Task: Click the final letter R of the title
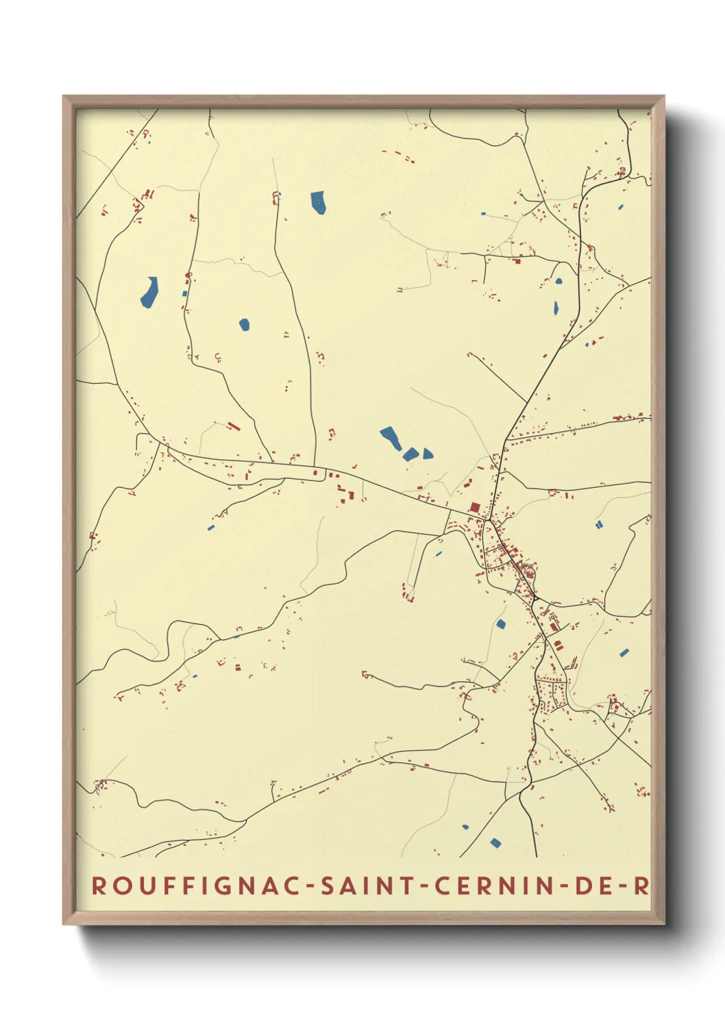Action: coord(640,885)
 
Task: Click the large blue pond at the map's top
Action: coord(318,202)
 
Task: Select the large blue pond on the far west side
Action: coord(149,292)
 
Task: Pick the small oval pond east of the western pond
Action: coord(244,324)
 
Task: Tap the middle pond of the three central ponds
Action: coord(410,454)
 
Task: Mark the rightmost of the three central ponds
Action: coord(428,454)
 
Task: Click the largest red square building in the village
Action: coord(475,508)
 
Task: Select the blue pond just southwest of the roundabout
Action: coord(501,623)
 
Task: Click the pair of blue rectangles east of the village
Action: coord(599,525)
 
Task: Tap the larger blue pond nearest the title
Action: coord(495,842)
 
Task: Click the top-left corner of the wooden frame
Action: coord(64,97)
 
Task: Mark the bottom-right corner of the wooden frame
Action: coord(663,923)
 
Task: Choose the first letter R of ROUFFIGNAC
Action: coord(99,885)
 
